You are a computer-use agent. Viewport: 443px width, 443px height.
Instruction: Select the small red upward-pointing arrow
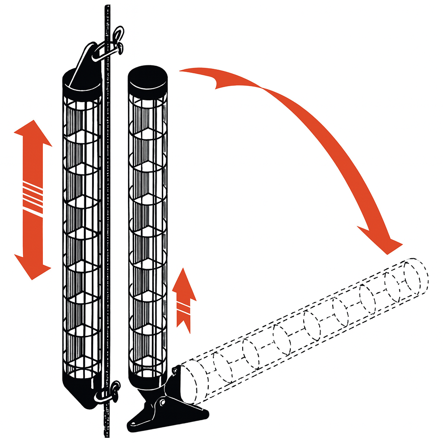pos(184,299)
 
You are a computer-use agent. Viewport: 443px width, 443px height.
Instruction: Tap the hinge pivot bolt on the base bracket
pos(162,402)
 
